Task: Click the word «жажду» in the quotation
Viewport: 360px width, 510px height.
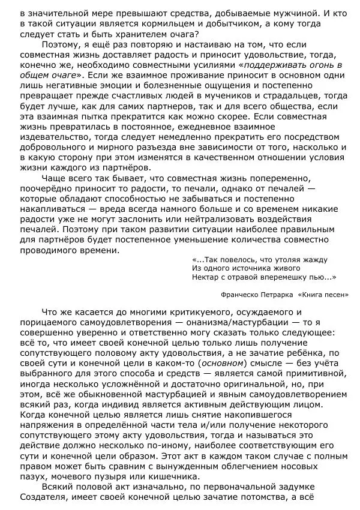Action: [313, 260]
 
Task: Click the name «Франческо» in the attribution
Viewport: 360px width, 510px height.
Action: [245, 295]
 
